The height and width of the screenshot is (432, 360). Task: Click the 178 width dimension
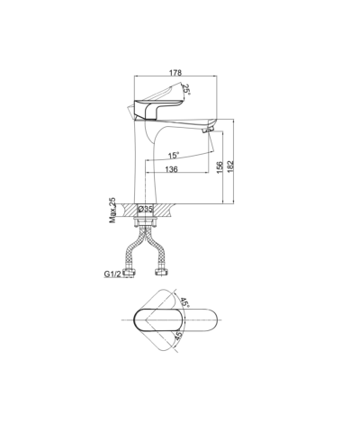click(x=175, y=73)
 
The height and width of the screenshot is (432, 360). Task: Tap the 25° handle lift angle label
click(x=186, y=90)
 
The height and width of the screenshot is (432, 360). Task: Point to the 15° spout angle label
click(x=174, y=156)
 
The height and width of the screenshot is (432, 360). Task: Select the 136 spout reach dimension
click(x=171, y=169)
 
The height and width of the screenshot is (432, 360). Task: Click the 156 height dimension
click(x=220, y=167)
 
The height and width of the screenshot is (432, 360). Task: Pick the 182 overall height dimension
click(x=230, y=166)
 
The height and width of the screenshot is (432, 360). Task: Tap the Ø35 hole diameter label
click(x=146, y=209)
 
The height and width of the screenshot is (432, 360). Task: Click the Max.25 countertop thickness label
click(x=112, y=210)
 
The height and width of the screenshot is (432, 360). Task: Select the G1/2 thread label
click(x=112, y=274)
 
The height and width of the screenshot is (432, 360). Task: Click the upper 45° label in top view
click(x=184, y=302)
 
